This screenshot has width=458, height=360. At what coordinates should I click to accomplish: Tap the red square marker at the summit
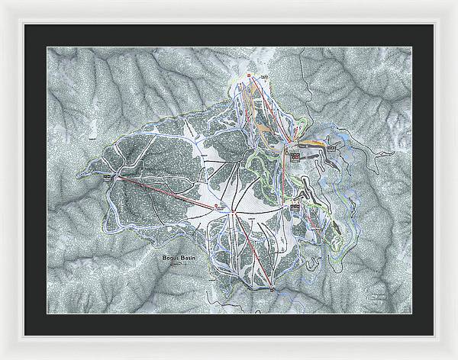(x=248, y=75)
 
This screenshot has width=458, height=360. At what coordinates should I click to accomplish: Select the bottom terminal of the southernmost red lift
(x=271, y=288)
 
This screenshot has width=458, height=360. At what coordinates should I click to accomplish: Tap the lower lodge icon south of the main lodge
(x=293, y=205)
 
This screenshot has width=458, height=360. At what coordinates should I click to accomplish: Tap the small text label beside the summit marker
(x=263, y=76)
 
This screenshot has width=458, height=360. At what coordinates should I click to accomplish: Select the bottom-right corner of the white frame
(x=455, y=357)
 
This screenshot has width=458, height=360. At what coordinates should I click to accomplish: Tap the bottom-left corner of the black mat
(x=24, y=336)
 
